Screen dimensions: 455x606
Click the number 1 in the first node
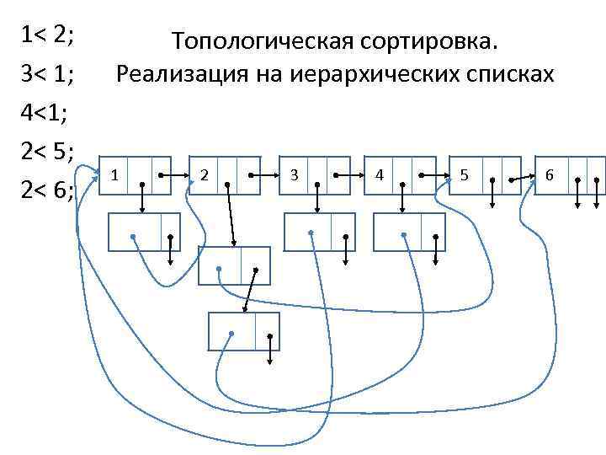pos(114,175)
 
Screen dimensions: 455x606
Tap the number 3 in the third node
pos(294,175)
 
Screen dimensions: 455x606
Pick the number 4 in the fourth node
pos(380,175)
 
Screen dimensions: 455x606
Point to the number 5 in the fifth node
pos(465,175)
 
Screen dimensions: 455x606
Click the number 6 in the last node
pos(550,175)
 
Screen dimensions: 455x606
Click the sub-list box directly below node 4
pos(409,232)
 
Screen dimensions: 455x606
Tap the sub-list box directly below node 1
pos(145,232)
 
